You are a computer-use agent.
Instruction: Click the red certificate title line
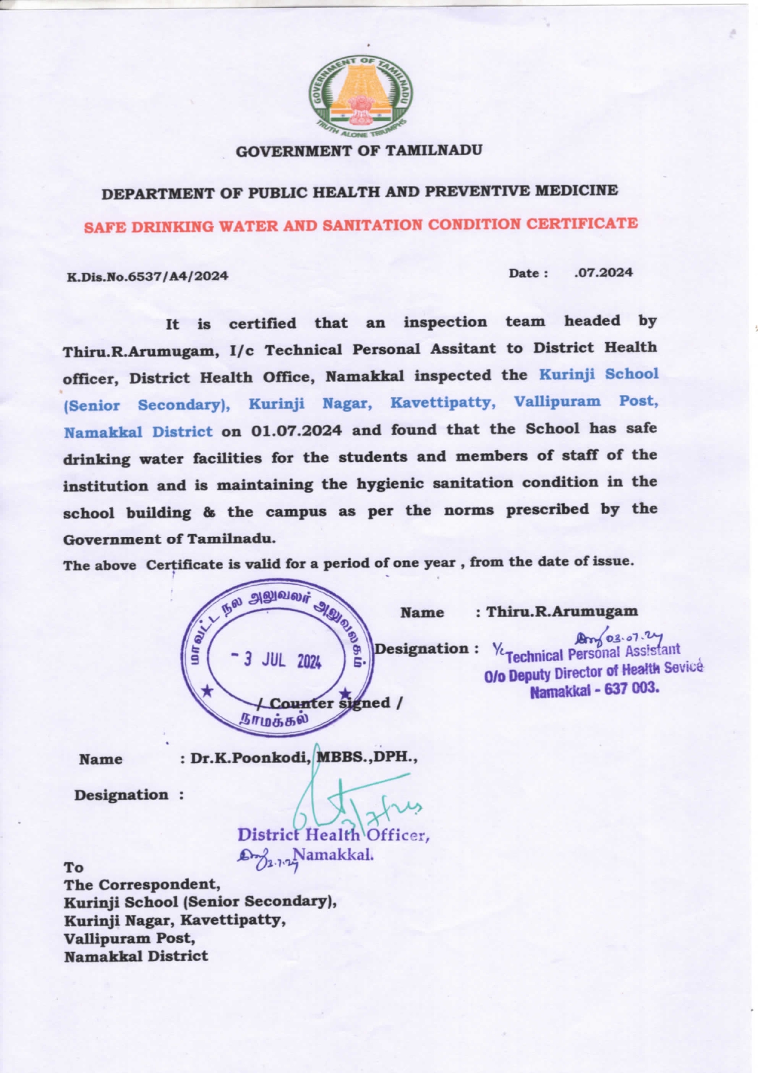coord(360,225)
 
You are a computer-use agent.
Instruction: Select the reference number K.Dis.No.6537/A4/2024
coord(147,276)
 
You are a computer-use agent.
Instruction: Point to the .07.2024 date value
coord(604,273)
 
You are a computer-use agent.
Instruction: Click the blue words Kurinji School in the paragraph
coord(598,374)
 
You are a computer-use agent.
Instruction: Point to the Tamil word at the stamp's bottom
coord(273,719)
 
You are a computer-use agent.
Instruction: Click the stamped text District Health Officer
coord(333,835)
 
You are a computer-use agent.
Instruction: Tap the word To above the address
coord(73,867)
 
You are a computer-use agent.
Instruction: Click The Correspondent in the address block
coord(142,885)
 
